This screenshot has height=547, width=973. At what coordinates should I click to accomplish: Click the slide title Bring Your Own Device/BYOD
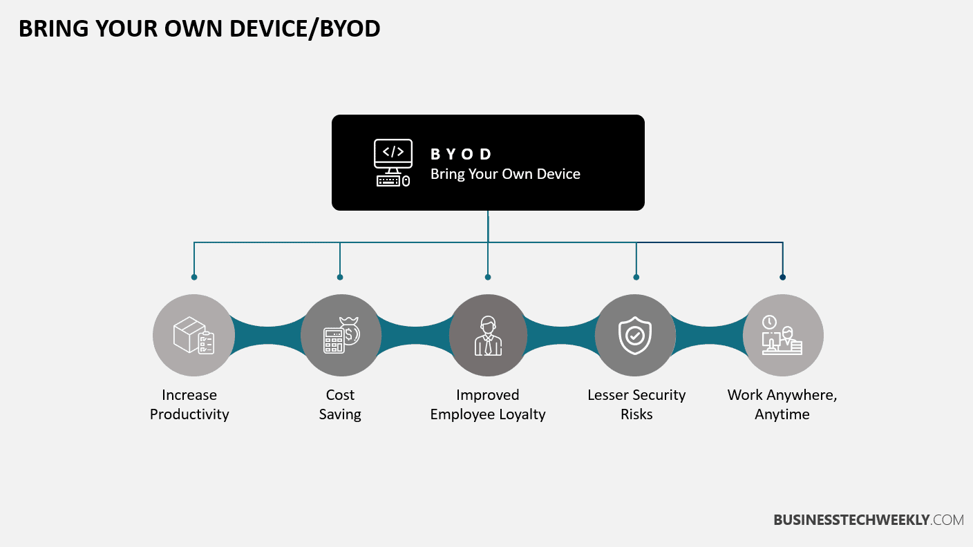[x=199, y=29]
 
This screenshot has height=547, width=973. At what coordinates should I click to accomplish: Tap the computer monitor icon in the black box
[x=393, y=162]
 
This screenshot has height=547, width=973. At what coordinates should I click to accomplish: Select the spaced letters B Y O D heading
[x=461, y=154]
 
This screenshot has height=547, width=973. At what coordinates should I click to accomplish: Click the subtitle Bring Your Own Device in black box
[x=505, y=174]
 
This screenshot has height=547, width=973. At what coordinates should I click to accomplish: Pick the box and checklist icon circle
[x=193, y=336]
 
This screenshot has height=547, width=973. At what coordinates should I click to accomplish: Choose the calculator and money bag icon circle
[x=341, y=336]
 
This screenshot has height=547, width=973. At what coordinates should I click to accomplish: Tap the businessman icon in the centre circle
[x=488, y=336]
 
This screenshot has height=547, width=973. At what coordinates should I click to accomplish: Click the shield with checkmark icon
[x=635, y=336]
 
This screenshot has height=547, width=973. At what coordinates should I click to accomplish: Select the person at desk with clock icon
[x=782, y=336]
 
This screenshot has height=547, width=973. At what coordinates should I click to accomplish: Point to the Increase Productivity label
[x=189, y=405]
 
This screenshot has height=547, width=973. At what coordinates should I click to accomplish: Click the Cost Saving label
[x=340, y=405]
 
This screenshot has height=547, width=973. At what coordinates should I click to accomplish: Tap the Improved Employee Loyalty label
[x=488, y=405]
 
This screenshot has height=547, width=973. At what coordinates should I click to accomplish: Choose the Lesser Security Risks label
[x=636, y=405]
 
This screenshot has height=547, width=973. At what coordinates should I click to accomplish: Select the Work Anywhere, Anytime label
[x=782, y=405]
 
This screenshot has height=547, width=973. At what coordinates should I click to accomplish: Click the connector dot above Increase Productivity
[x=194, y=277]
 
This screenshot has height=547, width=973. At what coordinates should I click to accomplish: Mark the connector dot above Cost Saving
[x=340, y=277]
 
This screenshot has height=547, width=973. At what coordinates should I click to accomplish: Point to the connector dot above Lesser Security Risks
[x=636, y=277]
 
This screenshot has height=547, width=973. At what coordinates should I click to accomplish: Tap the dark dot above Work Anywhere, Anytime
[x=782, y=277]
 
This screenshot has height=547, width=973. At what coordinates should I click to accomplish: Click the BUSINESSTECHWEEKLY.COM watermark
[x=868, y=520]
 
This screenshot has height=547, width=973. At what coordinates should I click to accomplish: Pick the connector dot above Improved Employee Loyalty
[x=488, y=277]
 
